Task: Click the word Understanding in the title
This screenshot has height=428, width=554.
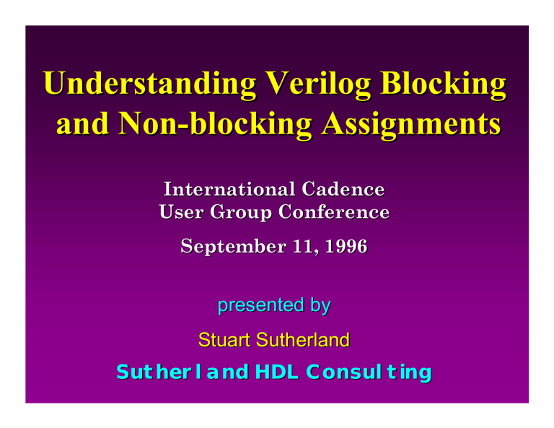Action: click(150, 84)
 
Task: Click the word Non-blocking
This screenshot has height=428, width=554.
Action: click(215, 124)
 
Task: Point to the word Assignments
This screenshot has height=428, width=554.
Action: click(411, 124)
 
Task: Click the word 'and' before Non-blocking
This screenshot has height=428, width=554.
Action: click(83, 124)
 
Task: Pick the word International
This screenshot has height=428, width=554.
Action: click(229, 189)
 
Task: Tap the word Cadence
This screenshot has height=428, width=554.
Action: click(343, 189)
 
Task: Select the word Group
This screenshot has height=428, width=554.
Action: click(241, 213)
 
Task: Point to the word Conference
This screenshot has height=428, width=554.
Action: click(334, 212)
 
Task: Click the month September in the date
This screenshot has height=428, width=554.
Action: click(233, 247)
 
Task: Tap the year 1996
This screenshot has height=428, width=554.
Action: click(346, 246)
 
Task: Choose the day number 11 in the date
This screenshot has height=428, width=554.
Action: click(305, 247)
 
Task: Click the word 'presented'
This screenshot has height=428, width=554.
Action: click(260, 305)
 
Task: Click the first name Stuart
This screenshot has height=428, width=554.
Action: click(224, 340)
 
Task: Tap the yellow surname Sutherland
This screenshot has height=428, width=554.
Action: click(303, 340)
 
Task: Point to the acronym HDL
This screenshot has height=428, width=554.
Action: click(277, 372)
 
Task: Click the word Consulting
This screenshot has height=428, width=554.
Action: click(369, 373)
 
